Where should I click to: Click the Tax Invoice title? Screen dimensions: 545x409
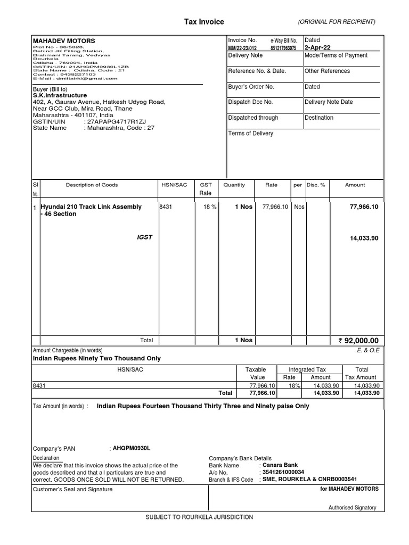(204, 22)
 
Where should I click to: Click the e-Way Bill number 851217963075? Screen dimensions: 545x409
(283, 47)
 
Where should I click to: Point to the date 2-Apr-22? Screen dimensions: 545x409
(317, 47)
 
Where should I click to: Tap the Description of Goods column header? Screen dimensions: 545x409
(92, 185)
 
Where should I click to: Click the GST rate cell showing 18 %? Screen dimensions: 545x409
(209, 207)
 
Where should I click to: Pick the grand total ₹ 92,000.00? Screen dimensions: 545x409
(358, 341)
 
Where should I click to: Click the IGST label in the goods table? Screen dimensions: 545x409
(144, 237)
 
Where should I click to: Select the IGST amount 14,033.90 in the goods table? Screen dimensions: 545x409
(364, 238)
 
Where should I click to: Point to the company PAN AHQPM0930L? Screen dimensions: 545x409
(130, 449)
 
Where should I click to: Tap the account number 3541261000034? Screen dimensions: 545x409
(283, 472)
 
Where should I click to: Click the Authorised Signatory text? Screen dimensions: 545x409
(352, 508)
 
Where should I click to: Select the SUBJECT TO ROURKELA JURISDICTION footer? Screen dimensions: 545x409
(199, 517)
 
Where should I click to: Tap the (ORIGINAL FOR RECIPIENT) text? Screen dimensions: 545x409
(337, 22)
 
